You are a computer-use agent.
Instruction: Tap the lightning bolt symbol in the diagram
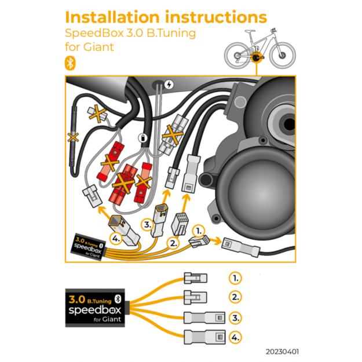[x=169, y=83]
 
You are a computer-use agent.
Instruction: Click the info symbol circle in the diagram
[x=142, y=138]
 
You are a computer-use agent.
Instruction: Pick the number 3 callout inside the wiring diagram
[x=148, y=224]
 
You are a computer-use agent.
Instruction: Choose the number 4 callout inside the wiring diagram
[x=116, y=238]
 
